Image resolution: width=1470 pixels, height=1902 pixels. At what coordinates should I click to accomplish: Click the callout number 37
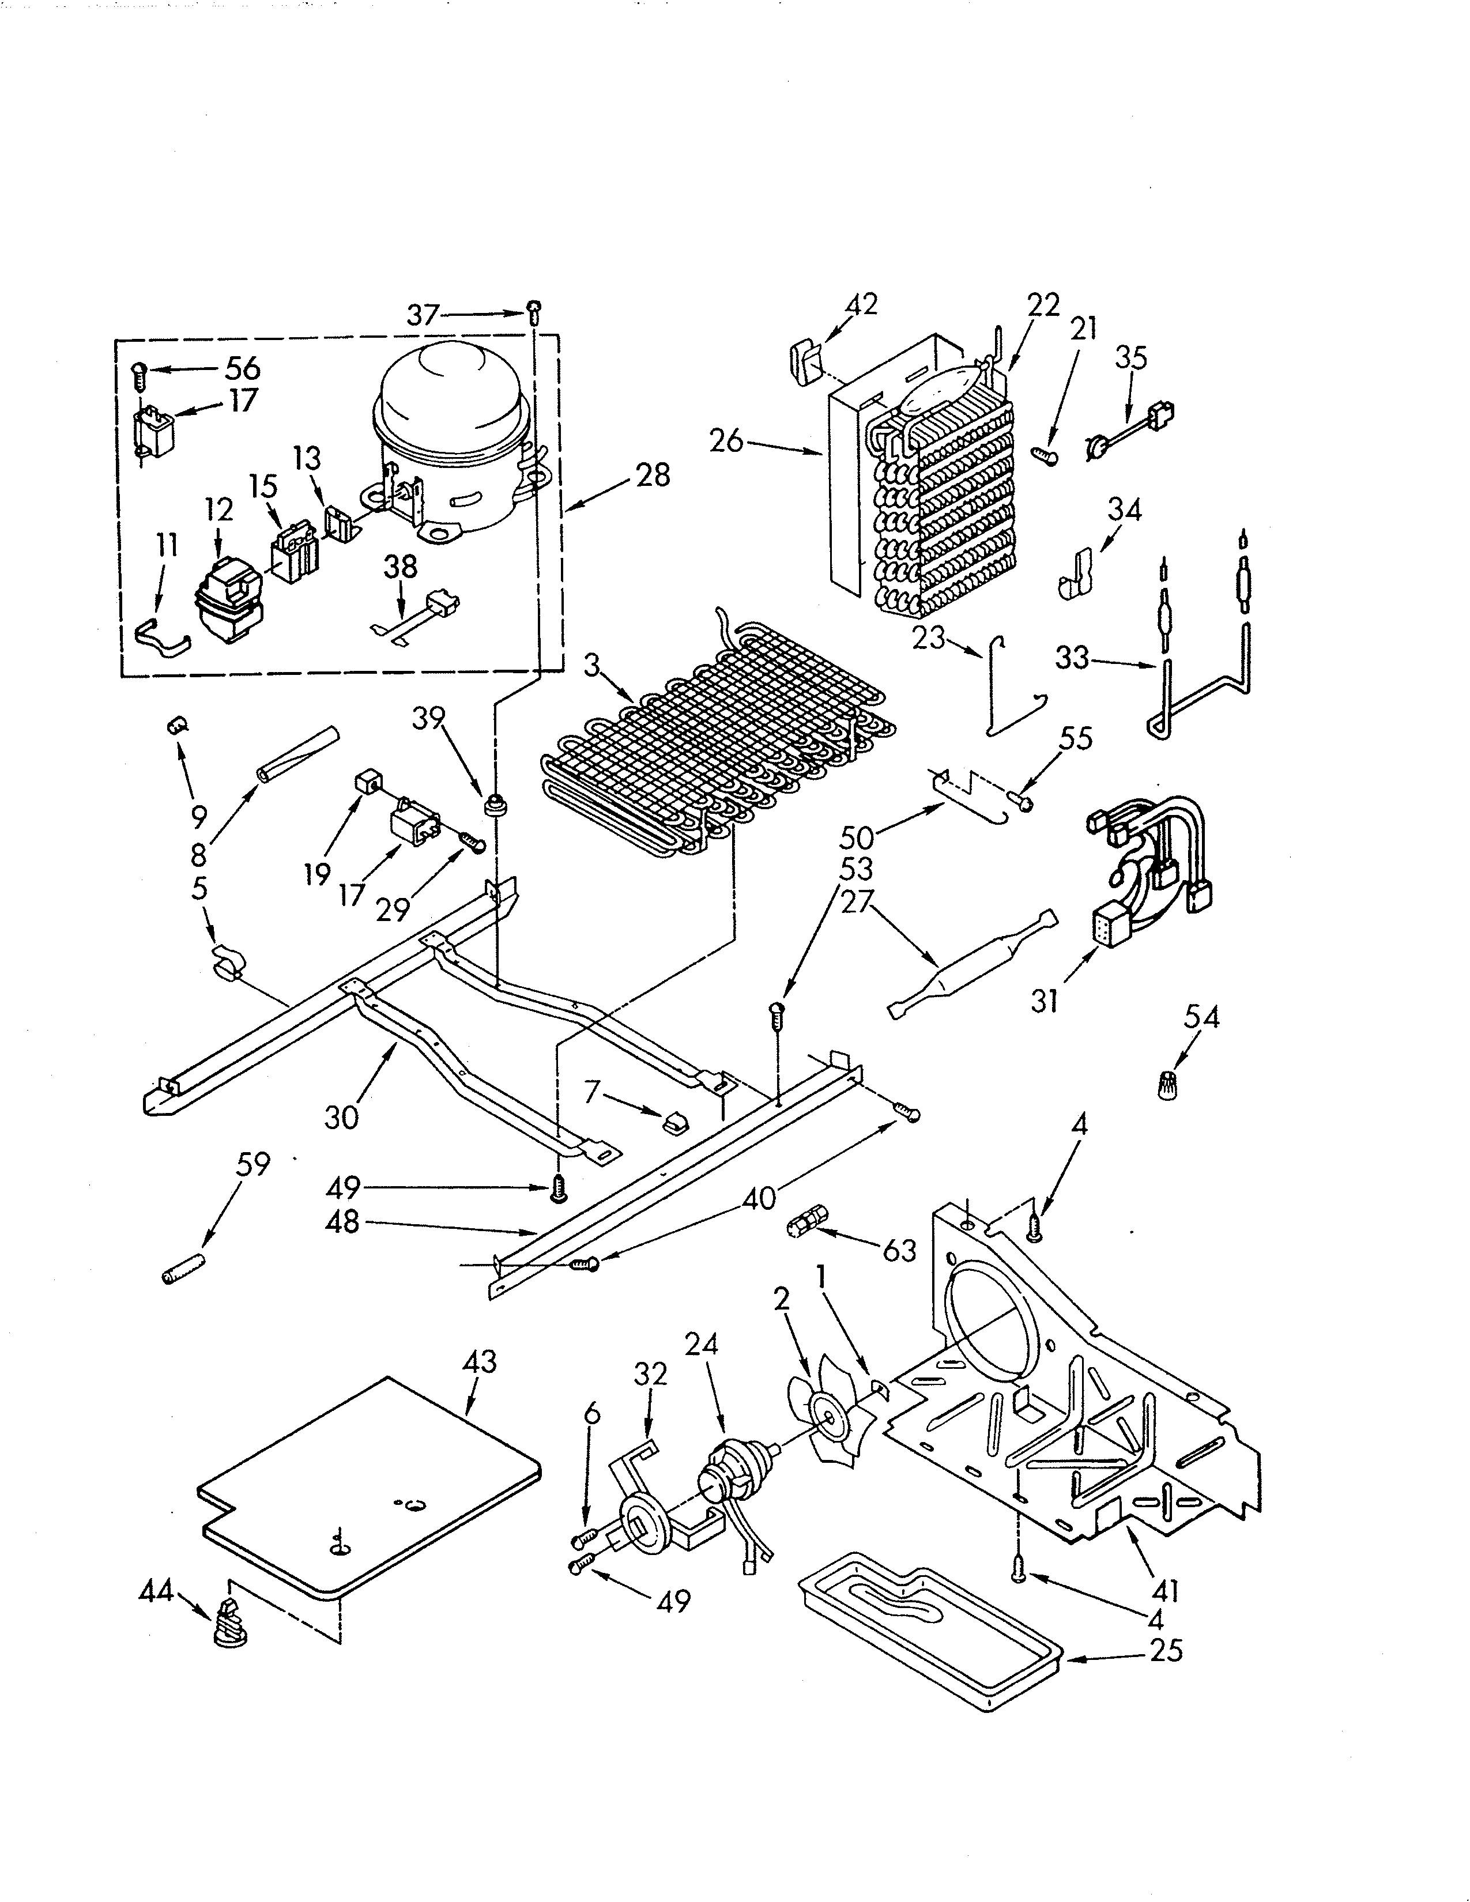(x=423, y=314)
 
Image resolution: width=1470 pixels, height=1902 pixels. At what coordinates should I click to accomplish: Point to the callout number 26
(x=726, y=441)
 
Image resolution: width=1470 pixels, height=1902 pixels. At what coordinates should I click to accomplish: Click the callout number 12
(x=220, y=510)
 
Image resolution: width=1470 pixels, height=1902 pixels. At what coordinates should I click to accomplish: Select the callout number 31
(x=1045, y=1002)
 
